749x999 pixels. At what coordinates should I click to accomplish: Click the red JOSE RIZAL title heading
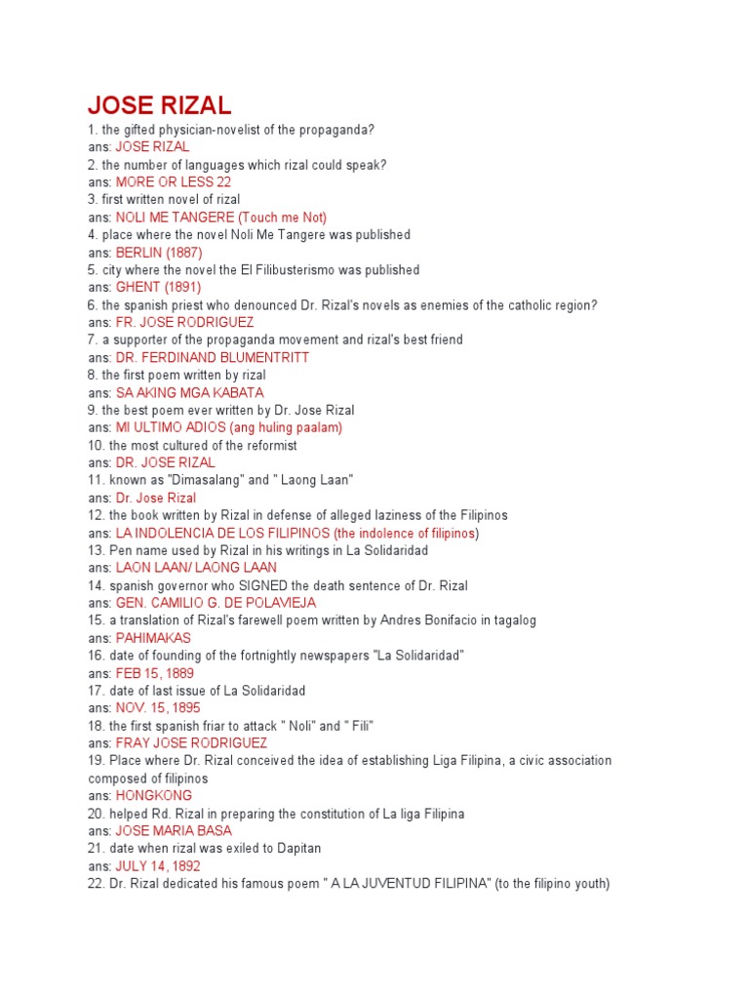[159, 105]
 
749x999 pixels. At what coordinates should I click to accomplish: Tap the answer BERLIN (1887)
[159, 253]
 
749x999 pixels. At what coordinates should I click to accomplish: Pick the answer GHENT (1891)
[158, 288]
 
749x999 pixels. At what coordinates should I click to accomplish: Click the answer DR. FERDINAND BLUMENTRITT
[212, 358]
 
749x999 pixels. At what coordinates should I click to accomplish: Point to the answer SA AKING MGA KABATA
[189, 393]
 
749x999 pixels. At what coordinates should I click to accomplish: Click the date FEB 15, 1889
[154, 673]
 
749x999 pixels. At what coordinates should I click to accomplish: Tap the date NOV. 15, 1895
[157, 708]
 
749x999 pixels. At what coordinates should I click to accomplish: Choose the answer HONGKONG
[154, 796]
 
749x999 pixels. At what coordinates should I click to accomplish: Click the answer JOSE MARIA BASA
[174, 831]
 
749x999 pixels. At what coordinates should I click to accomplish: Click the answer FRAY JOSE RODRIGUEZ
[191, 743]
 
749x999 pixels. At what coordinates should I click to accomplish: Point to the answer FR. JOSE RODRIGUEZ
[184, 323]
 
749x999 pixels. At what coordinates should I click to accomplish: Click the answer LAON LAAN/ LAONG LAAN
[196, 568]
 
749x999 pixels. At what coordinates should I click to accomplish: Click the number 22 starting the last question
[95, 884]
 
